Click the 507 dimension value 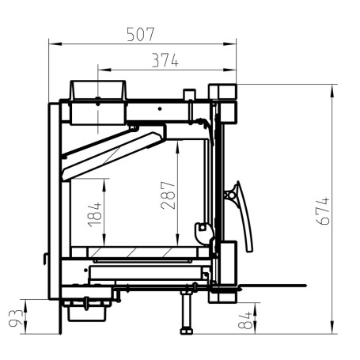click(x=141, y=34)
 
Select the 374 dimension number click(x=165, y=60)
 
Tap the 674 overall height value click(x=323, y=211)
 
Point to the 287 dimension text click(x=168, y=195)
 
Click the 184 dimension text click(x=95, y=214)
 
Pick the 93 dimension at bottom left click(x=16, y=318)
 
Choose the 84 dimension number click(x=245, y=320)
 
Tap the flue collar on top click(x=98, y=90)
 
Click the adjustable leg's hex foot click(x=187, y=331)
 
